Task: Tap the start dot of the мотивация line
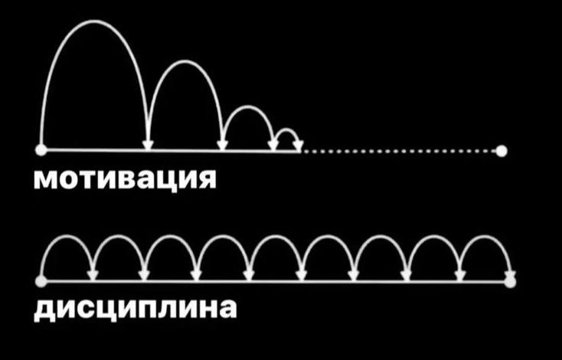coord(41,149)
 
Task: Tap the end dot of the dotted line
coord(502,151)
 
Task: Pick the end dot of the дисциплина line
coord(511,281)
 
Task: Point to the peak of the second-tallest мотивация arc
coord(185,61)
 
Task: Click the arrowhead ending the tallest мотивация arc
coord(148,143)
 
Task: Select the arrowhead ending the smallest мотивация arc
coord(298,145)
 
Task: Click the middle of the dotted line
coord(402,152)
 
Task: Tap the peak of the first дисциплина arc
coord(67,237)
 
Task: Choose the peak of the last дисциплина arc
coord(485,237)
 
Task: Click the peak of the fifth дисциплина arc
coord(276,237)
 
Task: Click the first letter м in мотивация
coord(46,181)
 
